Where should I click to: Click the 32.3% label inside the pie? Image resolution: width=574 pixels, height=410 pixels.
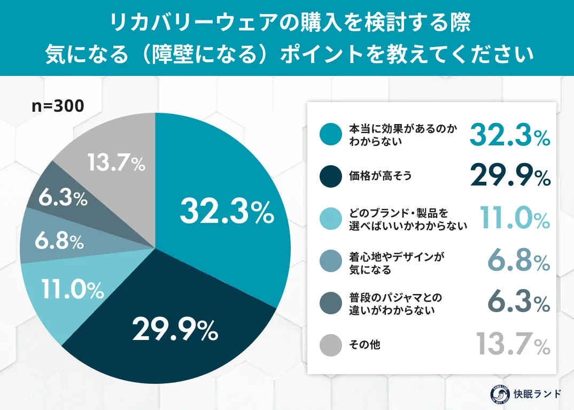click(227, 212)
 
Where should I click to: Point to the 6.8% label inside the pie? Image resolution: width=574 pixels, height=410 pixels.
click(59, 242)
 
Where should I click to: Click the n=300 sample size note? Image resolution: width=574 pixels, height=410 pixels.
click(57, 106)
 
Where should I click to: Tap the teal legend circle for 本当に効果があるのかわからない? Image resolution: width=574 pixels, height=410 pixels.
click(331, 135)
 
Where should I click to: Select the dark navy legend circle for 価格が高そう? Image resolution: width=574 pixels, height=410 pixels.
click(331, 176)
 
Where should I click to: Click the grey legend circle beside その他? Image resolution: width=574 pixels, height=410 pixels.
click(331, 345)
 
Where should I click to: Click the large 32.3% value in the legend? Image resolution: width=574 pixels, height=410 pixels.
click(509, 134)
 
